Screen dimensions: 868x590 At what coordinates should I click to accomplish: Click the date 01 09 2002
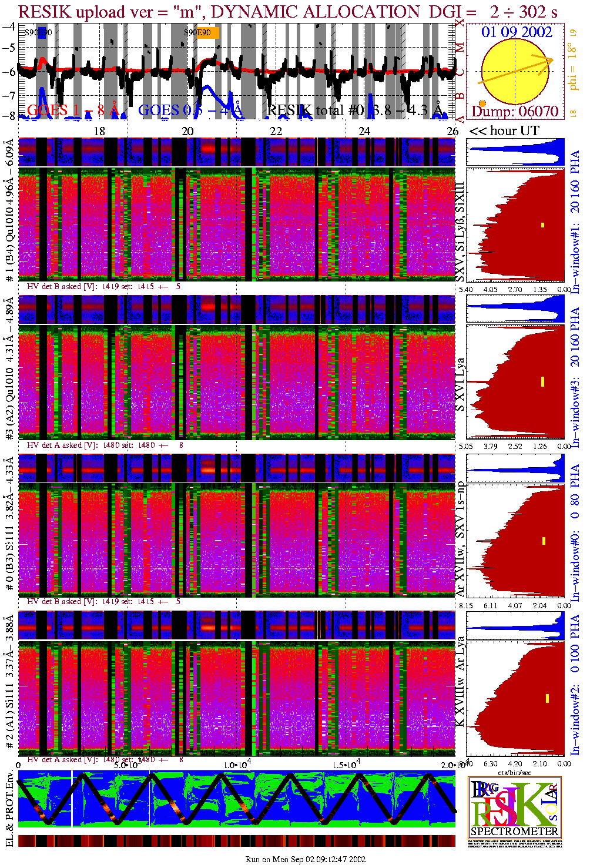tap(517, 32)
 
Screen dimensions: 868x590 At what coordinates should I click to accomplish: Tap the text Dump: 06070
tap(515, 111)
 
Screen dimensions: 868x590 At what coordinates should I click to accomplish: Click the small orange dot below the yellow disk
tap(482, 104)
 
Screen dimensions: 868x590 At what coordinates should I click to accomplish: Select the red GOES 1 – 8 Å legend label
tap(73, 110)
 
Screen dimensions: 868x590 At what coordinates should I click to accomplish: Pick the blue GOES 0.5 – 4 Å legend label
tap(190, 110)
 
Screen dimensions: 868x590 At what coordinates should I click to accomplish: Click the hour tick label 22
tap(276, 131)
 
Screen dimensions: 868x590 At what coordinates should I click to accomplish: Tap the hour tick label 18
tap(99, 131)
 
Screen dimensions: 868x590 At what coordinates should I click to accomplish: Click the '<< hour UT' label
tap(504, 131)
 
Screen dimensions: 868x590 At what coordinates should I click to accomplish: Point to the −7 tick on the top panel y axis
tap(9, 95)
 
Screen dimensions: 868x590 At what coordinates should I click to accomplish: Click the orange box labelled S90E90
tap(202, 33)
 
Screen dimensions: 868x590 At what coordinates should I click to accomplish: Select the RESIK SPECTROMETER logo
tap(515, 807)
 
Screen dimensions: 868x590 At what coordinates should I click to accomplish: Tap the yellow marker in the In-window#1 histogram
tap(543, 224)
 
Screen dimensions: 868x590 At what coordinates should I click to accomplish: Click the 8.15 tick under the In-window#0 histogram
tap(465, 605)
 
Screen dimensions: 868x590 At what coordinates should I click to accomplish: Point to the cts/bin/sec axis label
tap(515, 772)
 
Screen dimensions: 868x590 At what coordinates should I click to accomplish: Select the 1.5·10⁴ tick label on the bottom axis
tap(346, 765)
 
